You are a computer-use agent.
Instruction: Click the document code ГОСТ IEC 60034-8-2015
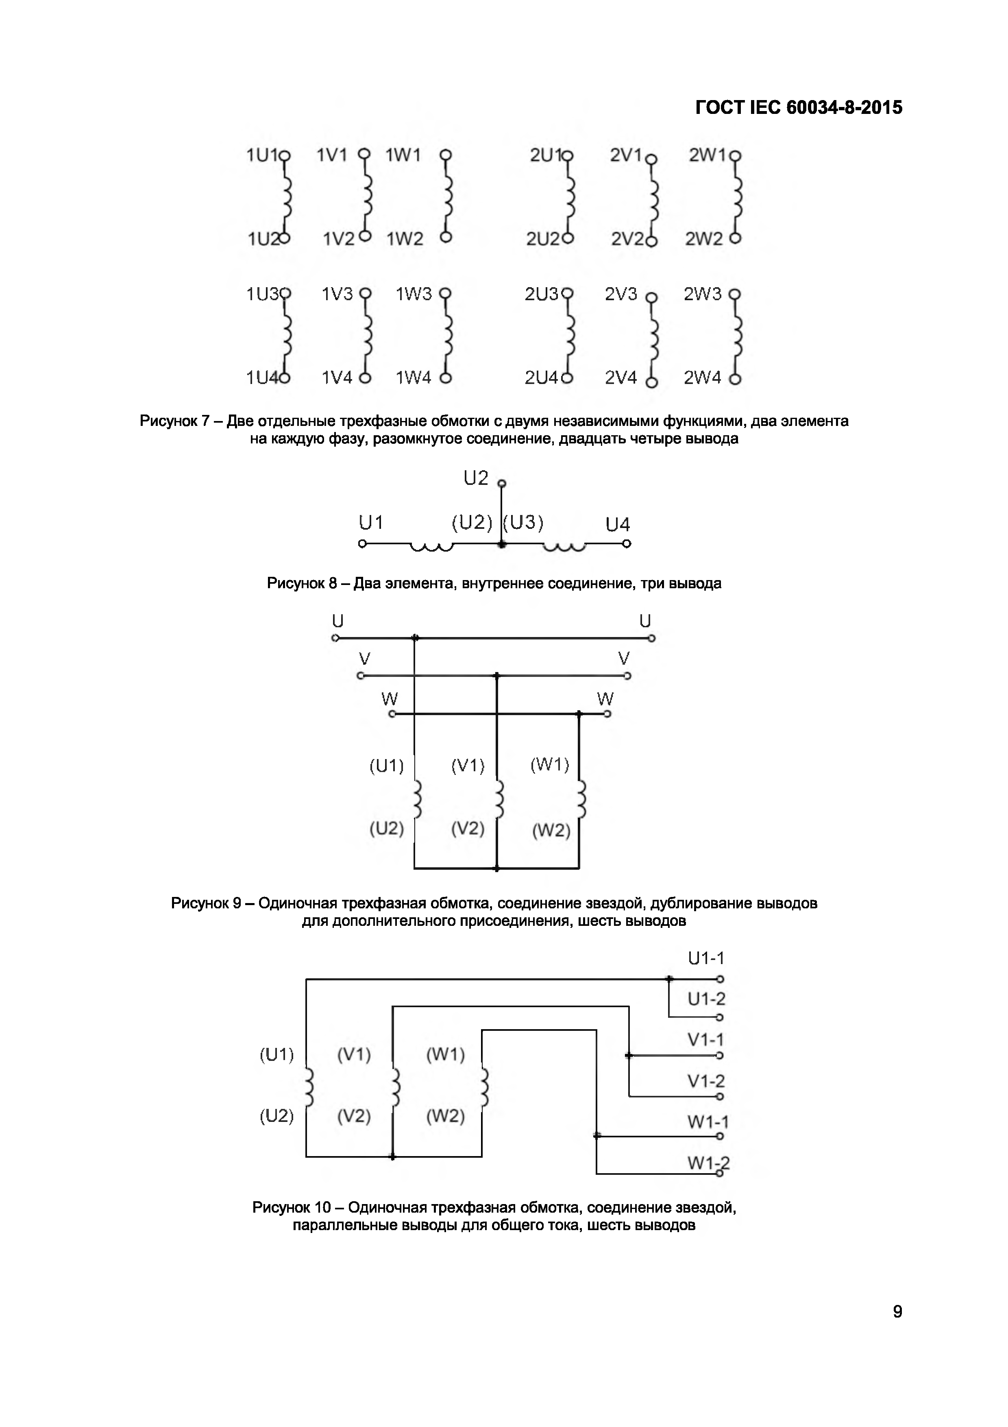(798, 107)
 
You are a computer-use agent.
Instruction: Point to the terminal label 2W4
(702, 378)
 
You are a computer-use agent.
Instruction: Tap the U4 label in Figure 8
(617, 525)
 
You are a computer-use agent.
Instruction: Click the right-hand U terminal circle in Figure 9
(651, 638)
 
